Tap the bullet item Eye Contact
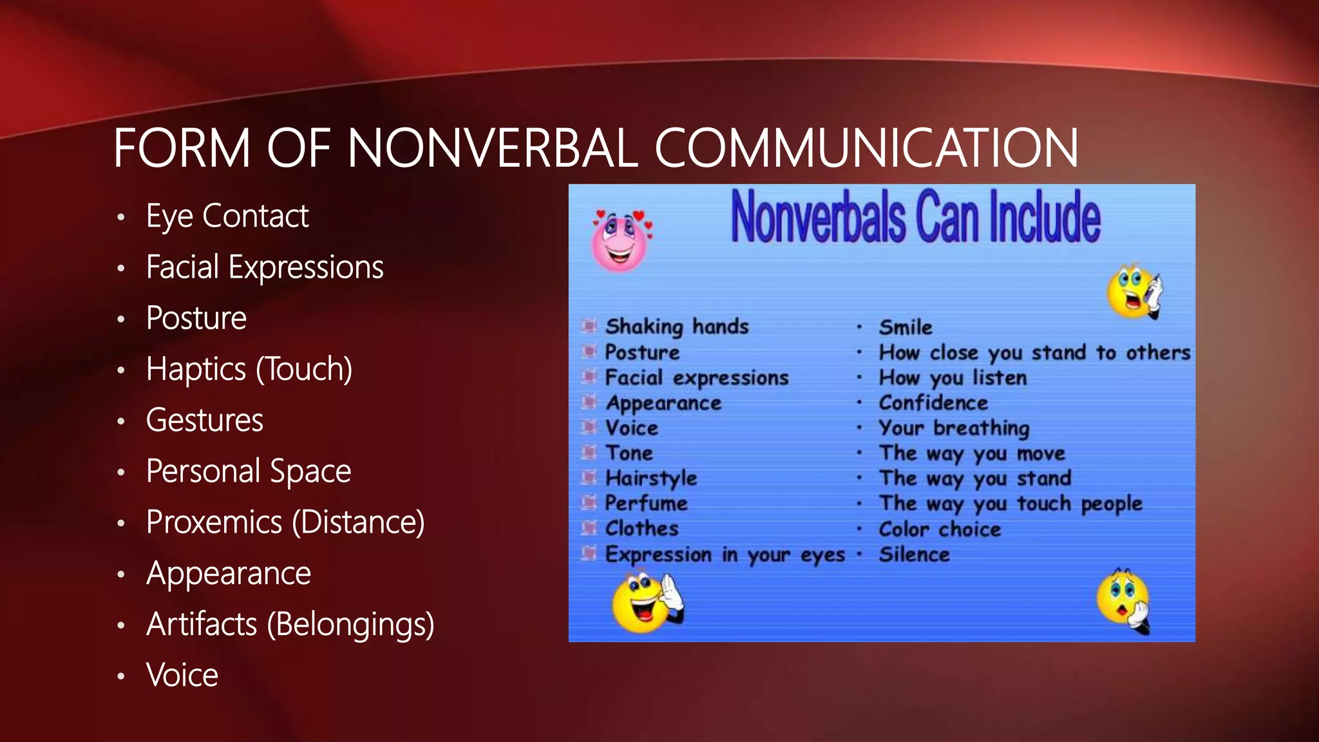pos(227,216)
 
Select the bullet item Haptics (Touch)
pos(249,369)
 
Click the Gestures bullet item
pos(204,420)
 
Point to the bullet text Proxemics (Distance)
pos(285,522)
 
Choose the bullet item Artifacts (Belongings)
pos(290,624)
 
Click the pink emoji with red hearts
pos(620,240)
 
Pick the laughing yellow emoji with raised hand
pos(647,603)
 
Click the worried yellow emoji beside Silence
pos(1123,600)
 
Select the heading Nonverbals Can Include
pos(915,217)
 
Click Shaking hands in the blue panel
pos(677,327)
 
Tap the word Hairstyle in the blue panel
pos(651,478)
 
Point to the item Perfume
pos(646,503)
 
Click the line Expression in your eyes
pos(725,555)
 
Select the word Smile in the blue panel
pos(906,327)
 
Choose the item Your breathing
pos(954,428)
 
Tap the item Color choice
pos(940,529)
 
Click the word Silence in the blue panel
pos(914,555)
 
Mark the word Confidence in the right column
pos(933,403)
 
